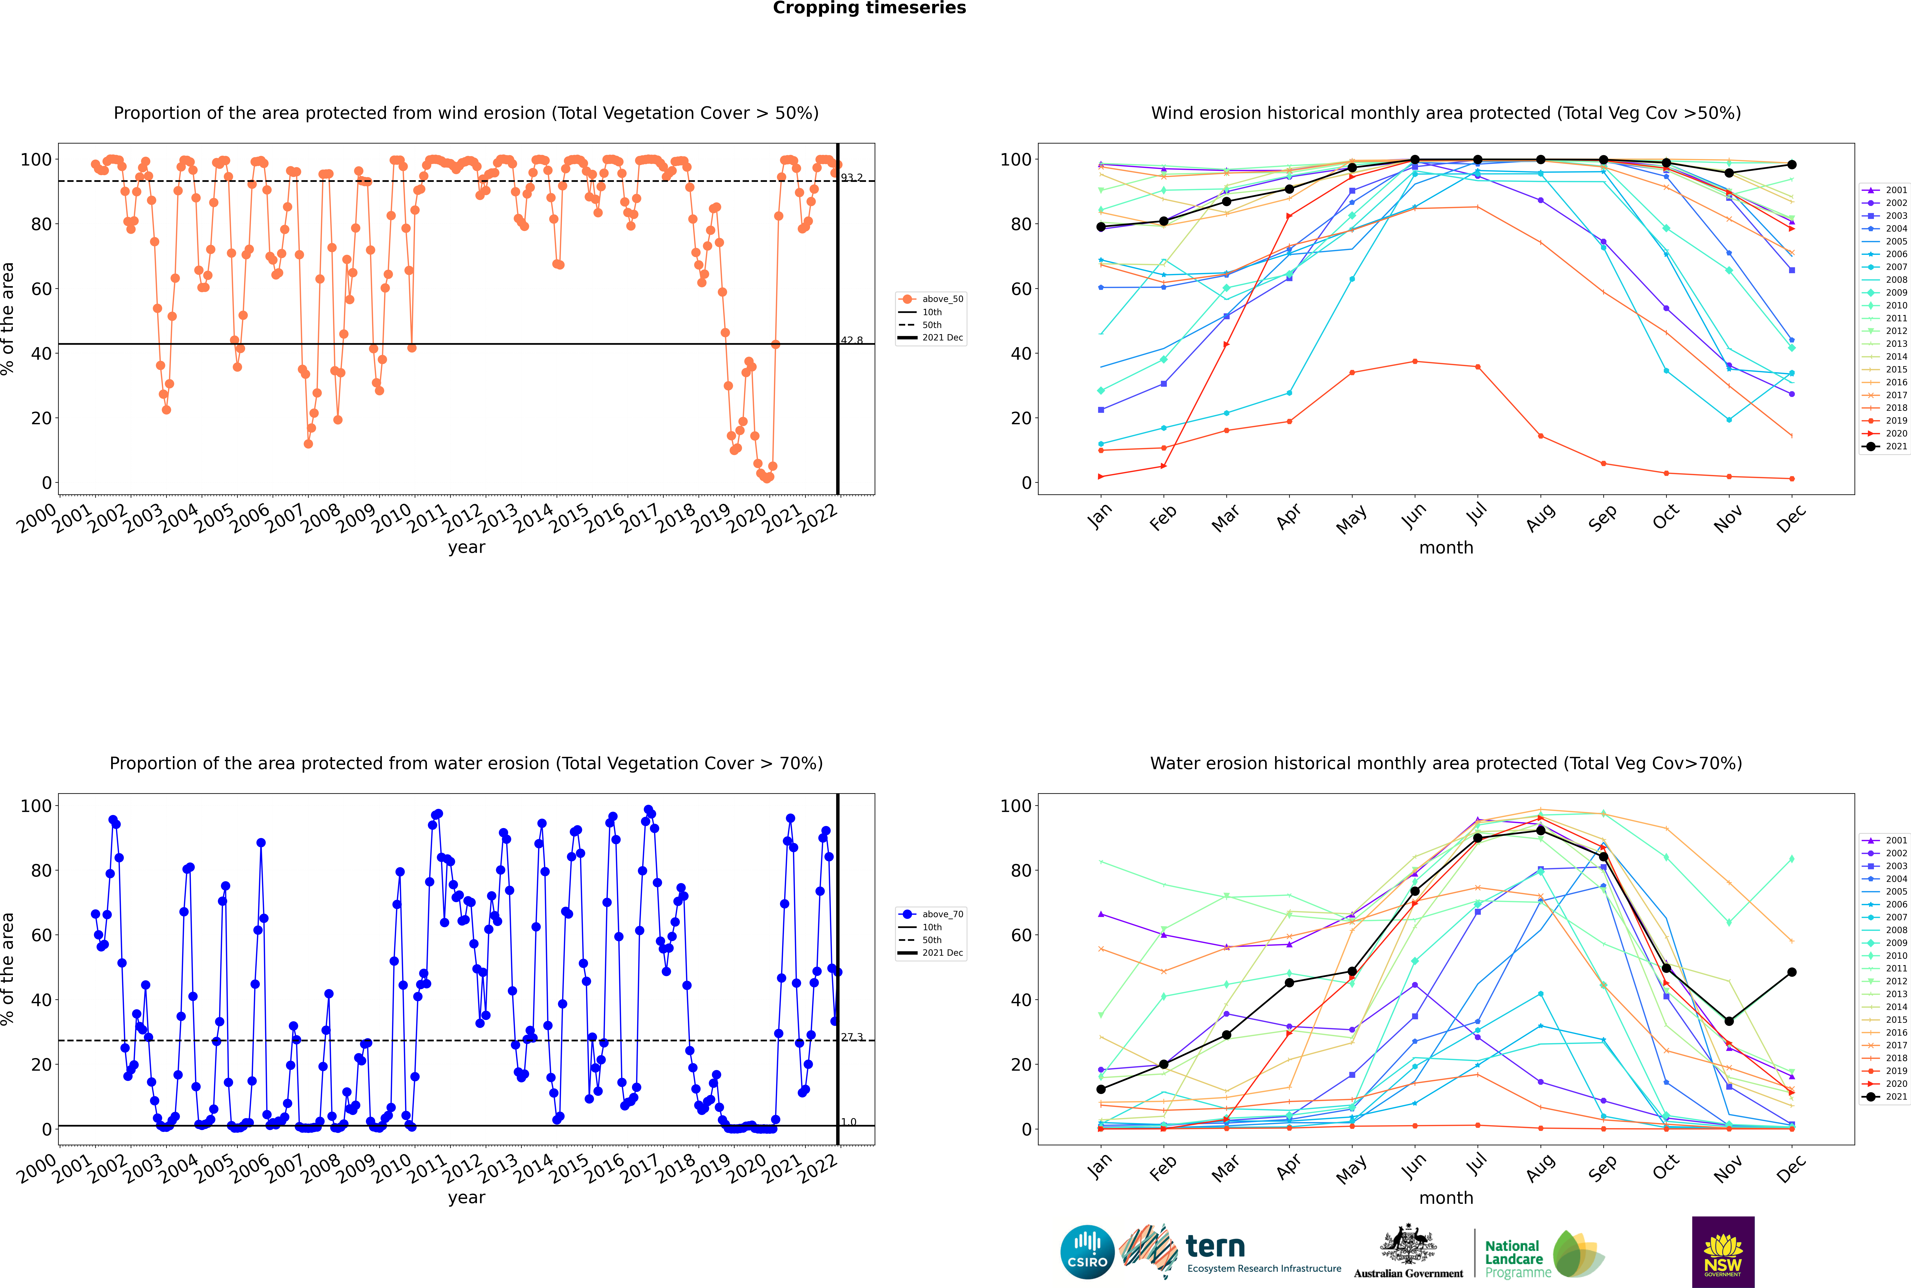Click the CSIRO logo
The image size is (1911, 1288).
[1087, 1252]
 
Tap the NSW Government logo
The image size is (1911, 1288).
[1723, 1252]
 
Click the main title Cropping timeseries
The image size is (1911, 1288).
[869, 8]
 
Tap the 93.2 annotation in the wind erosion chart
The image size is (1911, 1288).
[852, 177]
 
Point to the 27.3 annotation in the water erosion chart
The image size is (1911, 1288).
[852, 1037]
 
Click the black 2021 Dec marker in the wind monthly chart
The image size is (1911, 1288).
[1792, 164]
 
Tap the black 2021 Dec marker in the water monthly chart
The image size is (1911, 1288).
[1792, 972]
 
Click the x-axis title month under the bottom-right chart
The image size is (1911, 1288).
[1446, 1198]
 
